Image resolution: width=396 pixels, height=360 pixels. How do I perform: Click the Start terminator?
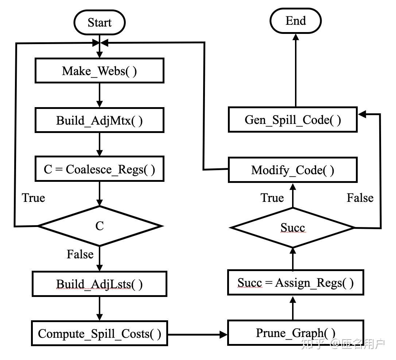click(100, 23)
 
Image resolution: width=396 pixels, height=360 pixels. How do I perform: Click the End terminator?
click(295, 21)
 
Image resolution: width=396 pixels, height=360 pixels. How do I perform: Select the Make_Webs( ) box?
click(99, 71)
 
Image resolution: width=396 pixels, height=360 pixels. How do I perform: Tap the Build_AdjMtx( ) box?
click(99, 121)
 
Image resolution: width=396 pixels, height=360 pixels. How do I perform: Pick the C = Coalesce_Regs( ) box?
click(99, 169)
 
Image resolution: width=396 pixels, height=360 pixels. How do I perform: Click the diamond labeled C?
click(100, 226)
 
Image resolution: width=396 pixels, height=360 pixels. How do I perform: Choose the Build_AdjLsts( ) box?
click(99, 284)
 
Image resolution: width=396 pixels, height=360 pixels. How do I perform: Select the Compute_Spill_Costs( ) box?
click(99, 333)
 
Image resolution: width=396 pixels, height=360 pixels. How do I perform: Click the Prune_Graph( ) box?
click(296, 333)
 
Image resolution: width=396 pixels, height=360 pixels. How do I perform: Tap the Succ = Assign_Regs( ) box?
click(296, 282)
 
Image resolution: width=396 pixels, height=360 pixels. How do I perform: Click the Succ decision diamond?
click(293, 228)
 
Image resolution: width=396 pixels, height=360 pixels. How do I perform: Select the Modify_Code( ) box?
click(292, 170)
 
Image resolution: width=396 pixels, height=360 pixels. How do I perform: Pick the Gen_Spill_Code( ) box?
click(292, 120)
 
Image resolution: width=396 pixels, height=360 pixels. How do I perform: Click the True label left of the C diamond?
click(34, 198)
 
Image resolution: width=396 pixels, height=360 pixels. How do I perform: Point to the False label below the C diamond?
click(80, 254)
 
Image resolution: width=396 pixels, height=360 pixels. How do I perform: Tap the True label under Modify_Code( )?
click(272, 198)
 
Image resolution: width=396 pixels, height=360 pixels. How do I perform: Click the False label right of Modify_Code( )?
click(360, 198)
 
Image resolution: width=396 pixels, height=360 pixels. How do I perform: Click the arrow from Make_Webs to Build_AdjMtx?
click(99, 95)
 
